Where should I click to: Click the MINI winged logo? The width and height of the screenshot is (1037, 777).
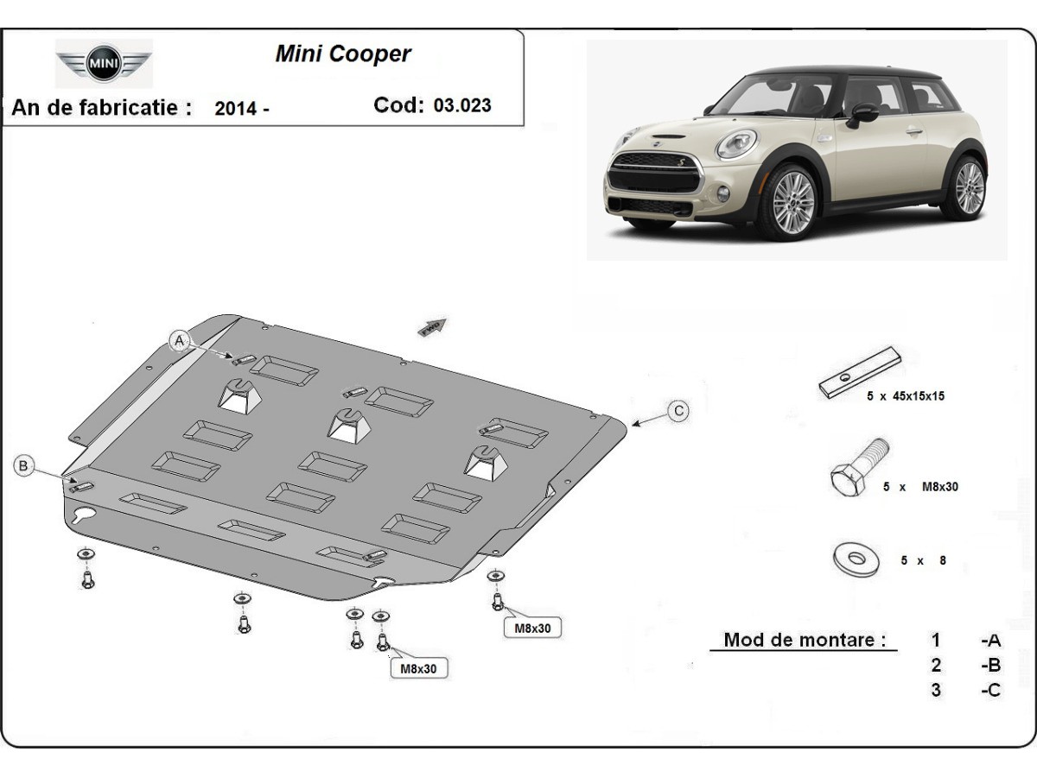click(x=104, y=63)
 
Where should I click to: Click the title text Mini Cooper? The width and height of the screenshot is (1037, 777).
click(x=343, y=54)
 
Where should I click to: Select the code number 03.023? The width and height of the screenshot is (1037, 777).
click(x=462, y=105)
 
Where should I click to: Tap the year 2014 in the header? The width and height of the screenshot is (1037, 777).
click(x=235, y=109)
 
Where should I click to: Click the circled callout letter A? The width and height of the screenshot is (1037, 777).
click(x=180, y=340)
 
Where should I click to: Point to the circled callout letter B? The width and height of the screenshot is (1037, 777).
click(x=23, y=466)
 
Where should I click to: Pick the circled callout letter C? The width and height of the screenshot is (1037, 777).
click(x=679, y=411)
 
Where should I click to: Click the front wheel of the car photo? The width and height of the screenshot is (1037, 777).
click(x=787, y=203)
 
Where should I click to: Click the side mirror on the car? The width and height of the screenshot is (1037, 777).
click(x=862, y=113)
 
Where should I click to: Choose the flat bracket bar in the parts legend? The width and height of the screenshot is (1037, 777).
click(x=860, y=372)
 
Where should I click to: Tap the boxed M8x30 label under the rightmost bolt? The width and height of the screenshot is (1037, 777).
click(x=532, y=629)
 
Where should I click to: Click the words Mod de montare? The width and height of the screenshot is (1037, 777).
click(x=805, y=640)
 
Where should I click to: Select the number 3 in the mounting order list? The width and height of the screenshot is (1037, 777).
click(x=936, y=690)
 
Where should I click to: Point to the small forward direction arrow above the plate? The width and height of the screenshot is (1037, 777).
click(x=431, y=326)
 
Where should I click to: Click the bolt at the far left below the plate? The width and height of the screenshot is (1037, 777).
click(x=87, y=580)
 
